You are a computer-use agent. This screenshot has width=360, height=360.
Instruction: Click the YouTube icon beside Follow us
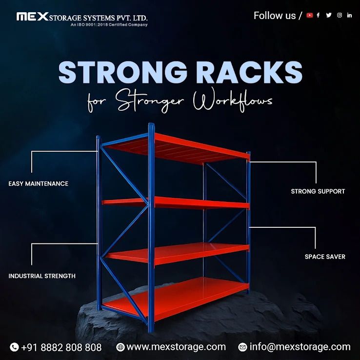click(x=310, y=15)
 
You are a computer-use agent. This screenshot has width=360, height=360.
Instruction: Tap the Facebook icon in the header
click(x=318, y=15)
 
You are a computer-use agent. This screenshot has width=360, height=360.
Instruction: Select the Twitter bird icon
click(x=329, y=15)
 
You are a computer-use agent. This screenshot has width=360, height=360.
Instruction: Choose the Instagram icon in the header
click(x=340, y=15)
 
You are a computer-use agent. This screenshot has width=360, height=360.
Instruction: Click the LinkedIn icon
click(x=349, y=15)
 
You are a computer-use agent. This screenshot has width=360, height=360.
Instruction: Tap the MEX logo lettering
click(x=33, y=17)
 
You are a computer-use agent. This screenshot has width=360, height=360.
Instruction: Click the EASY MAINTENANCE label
click(x=39, y=184)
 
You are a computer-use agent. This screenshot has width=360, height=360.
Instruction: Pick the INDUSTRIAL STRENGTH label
click(x=42, y=276)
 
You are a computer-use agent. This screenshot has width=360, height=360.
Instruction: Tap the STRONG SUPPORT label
click(x=318, y=191)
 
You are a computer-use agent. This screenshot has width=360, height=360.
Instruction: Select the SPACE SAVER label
click(x=325, y=257)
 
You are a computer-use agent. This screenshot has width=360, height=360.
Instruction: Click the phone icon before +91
click(x=14, y=347)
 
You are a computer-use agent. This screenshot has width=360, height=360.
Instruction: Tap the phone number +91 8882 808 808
click(x=61, y=347)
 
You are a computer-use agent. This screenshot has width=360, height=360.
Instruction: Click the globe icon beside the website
click(x=120, y=347)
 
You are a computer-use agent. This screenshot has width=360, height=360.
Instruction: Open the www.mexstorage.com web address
click(x=176, y=347)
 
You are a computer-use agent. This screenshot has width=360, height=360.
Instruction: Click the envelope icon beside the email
click(x=242, y=347)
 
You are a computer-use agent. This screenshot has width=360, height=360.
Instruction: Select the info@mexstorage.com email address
click(x=300, y=347)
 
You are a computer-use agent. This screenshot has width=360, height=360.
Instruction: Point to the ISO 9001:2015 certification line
click(x=109, y=24)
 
